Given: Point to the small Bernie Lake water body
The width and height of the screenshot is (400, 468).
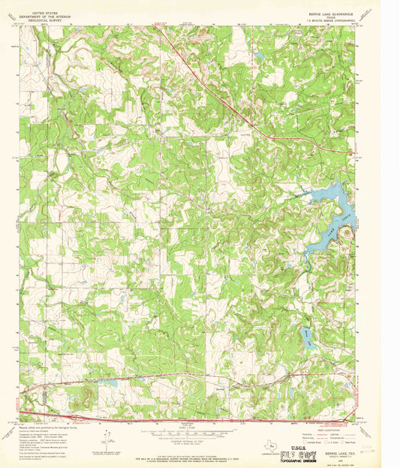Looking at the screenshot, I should pyautogui.click(x=308, y=339).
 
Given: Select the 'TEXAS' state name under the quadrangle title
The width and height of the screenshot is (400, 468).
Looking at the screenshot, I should pyautogui.click(x=333, y=15).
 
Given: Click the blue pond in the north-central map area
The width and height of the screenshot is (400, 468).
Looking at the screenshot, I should pyautogui.click(x=259, y=56).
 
